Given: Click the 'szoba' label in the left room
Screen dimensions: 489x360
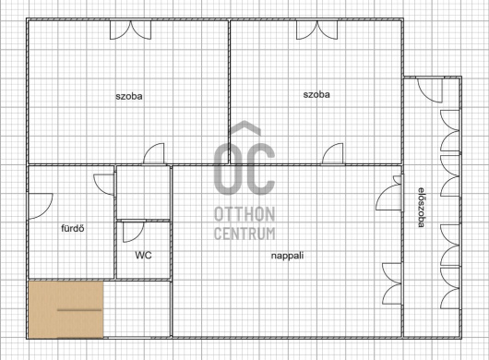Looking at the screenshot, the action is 129,96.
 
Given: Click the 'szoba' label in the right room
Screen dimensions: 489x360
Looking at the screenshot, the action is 316,94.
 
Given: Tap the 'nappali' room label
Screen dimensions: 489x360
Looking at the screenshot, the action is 287,256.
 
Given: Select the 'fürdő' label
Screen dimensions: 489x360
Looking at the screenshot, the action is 73,228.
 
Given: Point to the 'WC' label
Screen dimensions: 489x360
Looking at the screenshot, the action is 143,255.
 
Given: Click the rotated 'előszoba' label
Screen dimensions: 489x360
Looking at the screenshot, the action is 422,207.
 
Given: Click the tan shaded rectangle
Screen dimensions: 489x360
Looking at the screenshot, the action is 66,309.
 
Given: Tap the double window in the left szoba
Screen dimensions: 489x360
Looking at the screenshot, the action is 131,30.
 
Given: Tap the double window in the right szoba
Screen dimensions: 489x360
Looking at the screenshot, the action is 316,30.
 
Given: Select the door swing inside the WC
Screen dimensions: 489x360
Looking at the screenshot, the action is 134,232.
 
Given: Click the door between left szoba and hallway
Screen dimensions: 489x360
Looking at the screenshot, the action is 154,153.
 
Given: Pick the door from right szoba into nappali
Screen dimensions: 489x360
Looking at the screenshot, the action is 333,153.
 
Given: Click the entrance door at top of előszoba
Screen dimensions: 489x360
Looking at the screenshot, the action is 430,90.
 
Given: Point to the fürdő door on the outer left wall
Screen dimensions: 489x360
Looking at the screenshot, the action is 41,206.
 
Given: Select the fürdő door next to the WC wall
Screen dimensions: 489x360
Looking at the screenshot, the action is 104,185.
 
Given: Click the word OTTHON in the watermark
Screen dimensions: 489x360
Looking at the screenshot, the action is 244,214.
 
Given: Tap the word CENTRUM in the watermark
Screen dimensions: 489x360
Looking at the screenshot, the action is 244,234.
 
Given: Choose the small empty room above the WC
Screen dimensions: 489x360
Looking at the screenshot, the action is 143,192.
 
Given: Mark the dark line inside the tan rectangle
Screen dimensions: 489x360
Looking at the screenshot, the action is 80,310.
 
